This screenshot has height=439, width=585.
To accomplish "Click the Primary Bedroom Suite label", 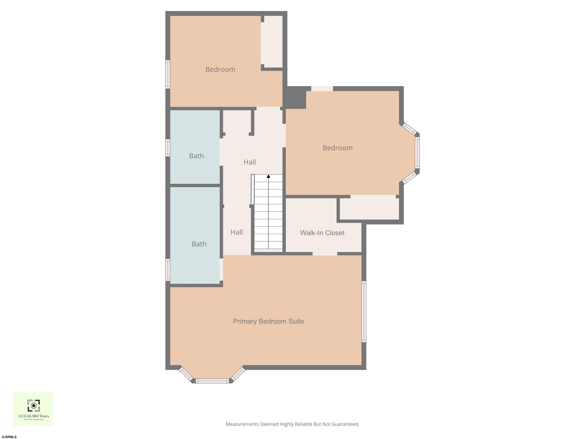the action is (x=269, y=321).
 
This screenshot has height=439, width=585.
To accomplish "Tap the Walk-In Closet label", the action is (x=322, y=233).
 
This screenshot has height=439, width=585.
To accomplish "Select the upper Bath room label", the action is (x=197, y=156).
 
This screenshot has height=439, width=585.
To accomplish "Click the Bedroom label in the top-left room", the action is (x=220, y=69).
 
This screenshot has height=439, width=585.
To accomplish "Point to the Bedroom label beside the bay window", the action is (x=338, y=148).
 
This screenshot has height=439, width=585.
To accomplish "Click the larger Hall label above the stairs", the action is (x=250, y=162).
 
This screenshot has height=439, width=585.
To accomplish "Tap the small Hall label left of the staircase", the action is (x=237, y=232).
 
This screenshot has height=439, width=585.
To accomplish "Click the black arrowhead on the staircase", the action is (x=269, y=176).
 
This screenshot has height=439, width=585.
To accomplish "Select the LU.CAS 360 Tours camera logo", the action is (x=34, y=406).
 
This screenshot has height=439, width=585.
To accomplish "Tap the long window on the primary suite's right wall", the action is (x=364, y=312).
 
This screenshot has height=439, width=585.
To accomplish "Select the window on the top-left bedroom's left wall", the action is (x=168, y=74).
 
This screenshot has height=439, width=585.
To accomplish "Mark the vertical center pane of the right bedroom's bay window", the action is (x=417, y=152).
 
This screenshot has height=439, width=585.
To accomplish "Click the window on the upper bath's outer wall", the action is (x=168, y=148).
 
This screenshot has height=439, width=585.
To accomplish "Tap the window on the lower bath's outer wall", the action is (x=168, y=270).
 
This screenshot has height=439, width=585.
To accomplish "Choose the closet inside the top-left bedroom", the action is (x=273, y=42).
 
